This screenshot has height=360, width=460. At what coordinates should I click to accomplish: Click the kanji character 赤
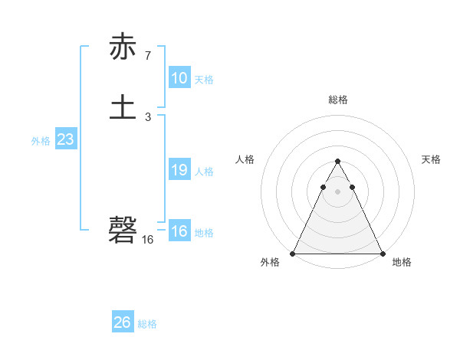(x=123, y=47)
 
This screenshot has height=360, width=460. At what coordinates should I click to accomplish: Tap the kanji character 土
(x=123, y=107)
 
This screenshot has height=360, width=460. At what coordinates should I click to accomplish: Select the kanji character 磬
(x=123, y=229)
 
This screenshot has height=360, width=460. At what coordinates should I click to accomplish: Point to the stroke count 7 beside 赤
(x=147, y=56)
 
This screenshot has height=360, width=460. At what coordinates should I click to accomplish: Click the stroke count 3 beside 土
(x=147, y=116)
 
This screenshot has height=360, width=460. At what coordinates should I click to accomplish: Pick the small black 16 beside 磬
(x=147, y=239)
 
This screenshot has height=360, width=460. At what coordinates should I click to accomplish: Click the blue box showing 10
(x=179, y=78)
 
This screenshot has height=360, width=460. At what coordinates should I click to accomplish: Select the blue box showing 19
(x=179, y=170)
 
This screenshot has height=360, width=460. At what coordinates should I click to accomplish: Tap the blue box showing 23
(x=66, y=139)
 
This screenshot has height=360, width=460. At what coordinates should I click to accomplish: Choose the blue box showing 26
(x=123, y=322)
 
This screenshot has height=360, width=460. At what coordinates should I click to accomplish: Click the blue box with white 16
(x=179, y=231)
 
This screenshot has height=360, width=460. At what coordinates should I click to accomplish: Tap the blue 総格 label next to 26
(x=147, y=324)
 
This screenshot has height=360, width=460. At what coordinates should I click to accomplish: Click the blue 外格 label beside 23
(x=41, y=141)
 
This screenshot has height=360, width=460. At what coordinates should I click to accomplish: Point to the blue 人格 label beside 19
(x=204, y=172)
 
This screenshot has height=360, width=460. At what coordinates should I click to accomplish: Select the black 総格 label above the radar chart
(x=337, y=100)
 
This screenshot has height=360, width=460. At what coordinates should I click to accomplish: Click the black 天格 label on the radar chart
(x=432, y=159)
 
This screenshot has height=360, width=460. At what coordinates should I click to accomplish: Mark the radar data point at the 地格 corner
(x=382, y=254)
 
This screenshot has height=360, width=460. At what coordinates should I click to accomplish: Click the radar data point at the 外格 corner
(x=293, y=254)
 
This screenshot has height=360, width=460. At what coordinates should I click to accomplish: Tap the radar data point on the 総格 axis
(x=337, y=162)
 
